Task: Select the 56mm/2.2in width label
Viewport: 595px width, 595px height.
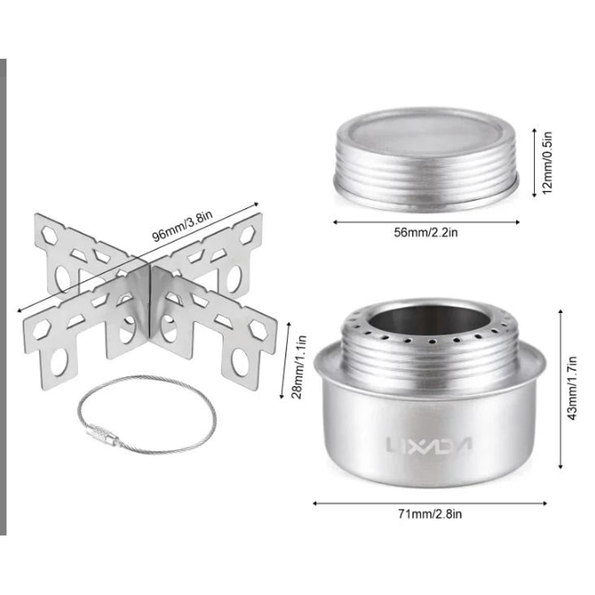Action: point(426,232)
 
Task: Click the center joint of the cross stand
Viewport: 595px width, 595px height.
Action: point(149,279)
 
